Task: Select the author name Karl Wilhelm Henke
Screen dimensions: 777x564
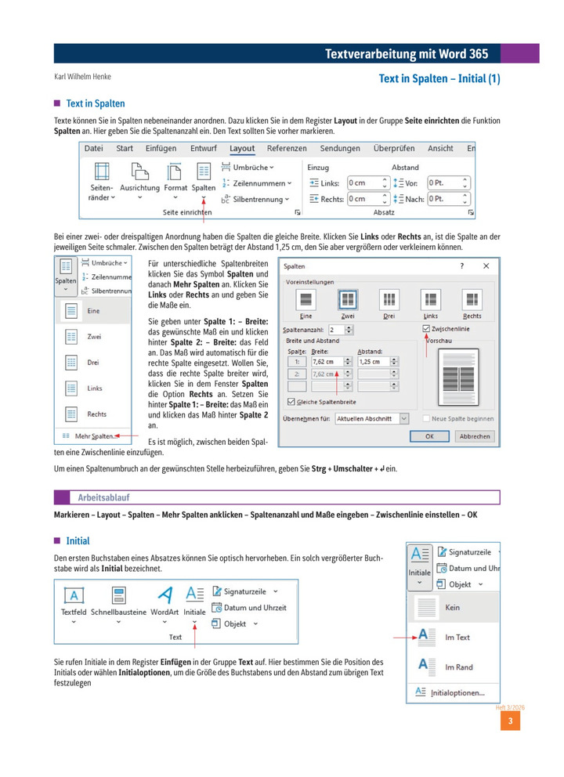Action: click(82, 77)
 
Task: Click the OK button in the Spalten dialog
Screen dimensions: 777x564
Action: click(430, 436)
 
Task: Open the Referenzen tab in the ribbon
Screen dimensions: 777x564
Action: click(286, 148)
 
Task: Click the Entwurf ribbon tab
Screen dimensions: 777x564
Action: click(203, 148)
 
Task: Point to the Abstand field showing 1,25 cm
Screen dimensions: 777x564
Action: click(373, 362)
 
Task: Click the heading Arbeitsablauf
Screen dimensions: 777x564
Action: click(103, 497)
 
